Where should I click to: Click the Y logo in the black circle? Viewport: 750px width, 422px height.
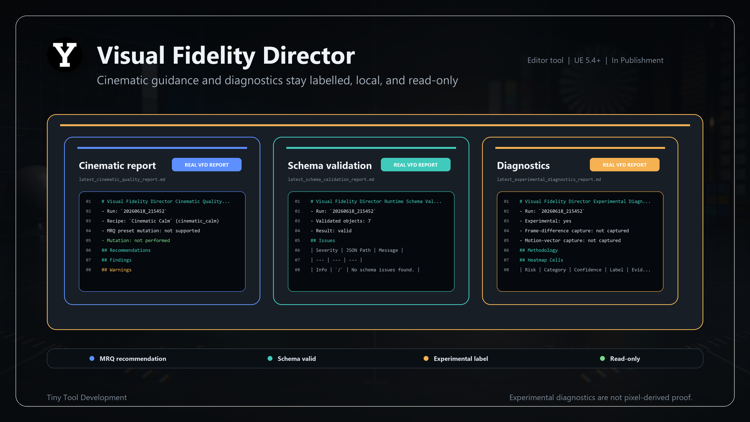coord(65,55)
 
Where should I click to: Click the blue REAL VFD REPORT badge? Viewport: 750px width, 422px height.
coord(207,165)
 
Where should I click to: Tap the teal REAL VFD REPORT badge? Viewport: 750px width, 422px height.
coord(416,165)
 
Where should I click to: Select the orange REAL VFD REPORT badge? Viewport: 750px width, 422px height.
coord(625,165)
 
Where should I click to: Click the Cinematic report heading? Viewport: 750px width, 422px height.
coord(117,166)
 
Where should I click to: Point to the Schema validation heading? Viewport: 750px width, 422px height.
coord(330,166)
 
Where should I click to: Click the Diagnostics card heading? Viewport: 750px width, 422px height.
coord(523,166)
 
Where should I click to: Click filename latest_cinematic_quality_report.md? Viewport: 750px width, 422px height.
coord(122,180)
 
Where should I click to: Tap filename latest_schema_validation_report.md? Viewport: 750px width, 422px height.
coord(331,180)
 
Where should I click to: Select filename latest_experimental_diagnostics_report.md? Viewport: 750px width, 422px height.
coord(549,180)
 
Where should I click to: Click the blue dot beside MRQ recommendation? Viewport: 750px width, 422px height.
coord(92,358)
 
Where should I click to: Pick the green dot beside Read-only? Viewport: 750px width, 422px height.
coord(602,358)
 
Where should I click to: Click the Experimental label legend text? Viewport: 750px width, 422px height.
coord(461,359)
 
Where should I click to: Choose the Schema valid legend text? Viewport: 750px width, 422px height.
coord(297,359)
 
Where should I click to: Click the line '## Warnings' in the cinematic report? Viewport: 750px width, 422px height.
coord(116,270)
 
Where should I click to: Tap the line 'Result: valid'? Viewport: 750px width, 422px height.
coord(331,231)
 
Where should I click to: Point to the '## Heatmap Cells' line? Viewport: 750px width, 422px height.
coord(541,260)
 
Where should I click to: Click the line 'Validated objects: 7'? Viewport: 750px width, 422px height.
coord(341,221)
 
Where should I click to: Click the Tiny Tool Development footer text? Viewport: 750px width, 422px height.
coord(87,397)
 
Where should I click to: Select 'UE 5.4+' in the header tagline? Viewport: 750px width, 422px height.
coord(587,60)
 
